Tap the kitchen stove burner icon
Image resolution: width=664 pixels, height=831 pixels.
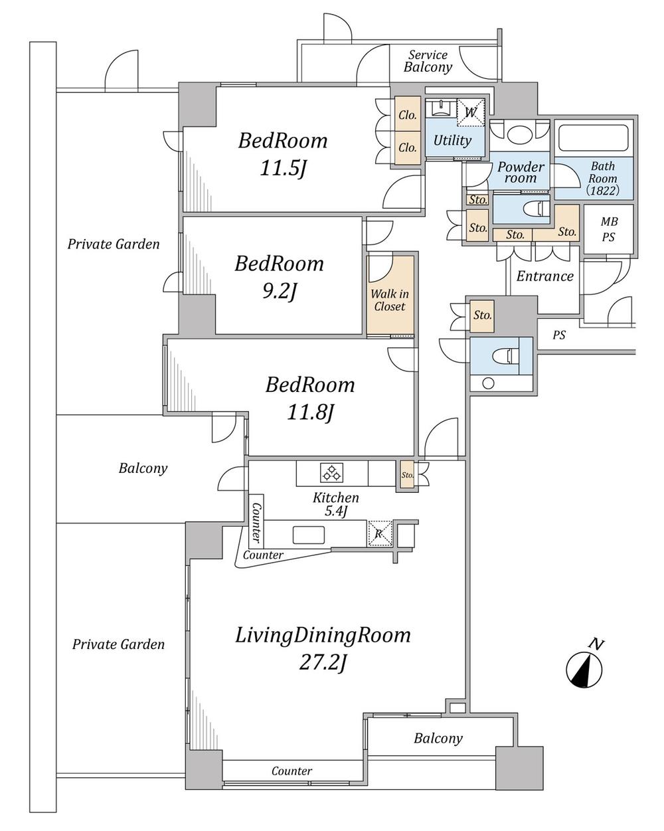pyautogui.click(x=331, y=473)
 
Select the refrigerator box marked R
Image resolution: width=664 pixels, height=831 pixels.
pyautogui.click(x=379, y=533)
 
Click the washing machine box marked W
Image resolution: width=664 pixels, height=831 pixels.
pyautogui.click(x=470, y=112)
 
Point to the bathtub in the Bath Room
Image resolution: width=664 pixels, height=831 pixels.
pyautogui.click(x=594, y=138)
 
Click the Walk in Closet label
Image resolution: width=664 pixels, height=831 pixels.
pyautogui.click(x=390, y=300)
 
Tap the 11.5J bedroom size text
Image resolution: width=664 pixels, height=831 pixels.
pyautogui.click(x=284, y=168)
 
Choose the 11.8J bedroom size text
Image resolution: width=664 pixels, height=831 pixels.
pyautogui.click(x=309, y=413)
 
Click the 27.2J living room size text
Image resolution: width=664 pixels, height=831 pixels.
pyautogui.click(x=323, y=663)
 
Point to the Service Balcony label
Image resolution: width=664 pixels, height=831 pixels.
pyautogui.click(x=428, y=61)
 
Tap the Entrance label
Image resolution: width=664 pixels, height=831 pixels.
pyautogui.click(x=544, y=276)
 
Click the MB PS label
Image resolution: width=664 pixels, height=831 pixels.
pyautogui.click(x=609, y=229)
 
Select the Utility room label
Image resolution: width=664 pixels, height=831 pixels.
pyautogui.click(x=452, y=140)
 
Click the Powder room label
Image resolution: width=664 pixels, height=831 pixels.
pyautogui.click(x=521, y=172)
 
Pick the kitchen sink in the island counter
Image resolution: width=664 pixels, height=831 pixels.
pyautogui.click(x=309, y=535)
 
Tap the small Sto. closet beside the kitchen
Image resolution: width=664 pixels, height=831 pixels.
pyautogui.click(x=407, y=475)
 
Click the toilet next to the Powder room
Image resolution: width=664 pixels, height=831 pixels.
pyautogui.click(x=537, y=209)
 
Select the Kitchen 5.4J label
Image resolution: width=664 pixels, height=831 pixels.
pyautogui.click(x=335, y=504)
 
